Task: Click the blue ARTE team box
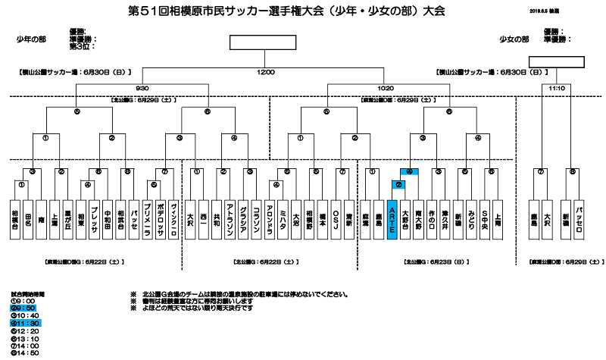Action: pyautogui.click(x=392, y=220)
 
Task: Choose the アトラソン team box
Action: pyautogui.click(x=230, y=220)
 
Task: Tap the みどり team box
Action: pyautogui.click(x=471, y=220)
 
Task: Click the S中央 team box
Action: pyautogui.click(x=484, y=220)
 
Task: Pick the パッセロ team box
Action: pyautogui.click(x=579, y=220)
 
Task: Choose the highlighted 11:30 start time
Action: pyautogui.click(x=23, y=324)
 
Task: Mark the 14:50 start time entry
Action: pyautogui.click(x=21, y=353)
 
